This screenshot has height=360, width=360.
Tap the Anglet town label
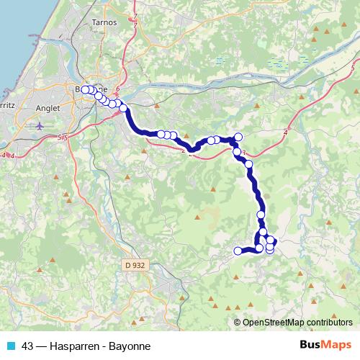[x=49, y=110]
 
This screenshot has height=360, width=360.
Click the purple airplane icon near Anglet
[x=39, y=126]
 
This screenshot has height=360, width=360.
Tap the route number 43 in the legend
[x=28, y=346]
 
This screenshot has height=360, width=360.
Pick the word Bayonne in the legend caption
[x=130, y=346]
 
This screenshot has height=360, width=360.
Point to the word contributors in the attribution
[x=328, y=323]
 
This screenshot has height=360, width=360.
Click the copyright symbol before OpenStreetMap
[x=238, y=323]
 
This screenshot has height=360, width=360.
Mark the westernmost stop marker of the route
[x=85, y=89]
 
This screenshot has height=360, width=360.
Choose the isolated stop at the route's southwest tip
[x=238, y=251]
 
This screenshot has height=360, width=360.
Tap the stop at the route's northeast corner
[x=238, y=137]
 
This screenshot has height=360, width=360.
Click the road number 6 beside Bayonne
[x=116, y=88]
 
